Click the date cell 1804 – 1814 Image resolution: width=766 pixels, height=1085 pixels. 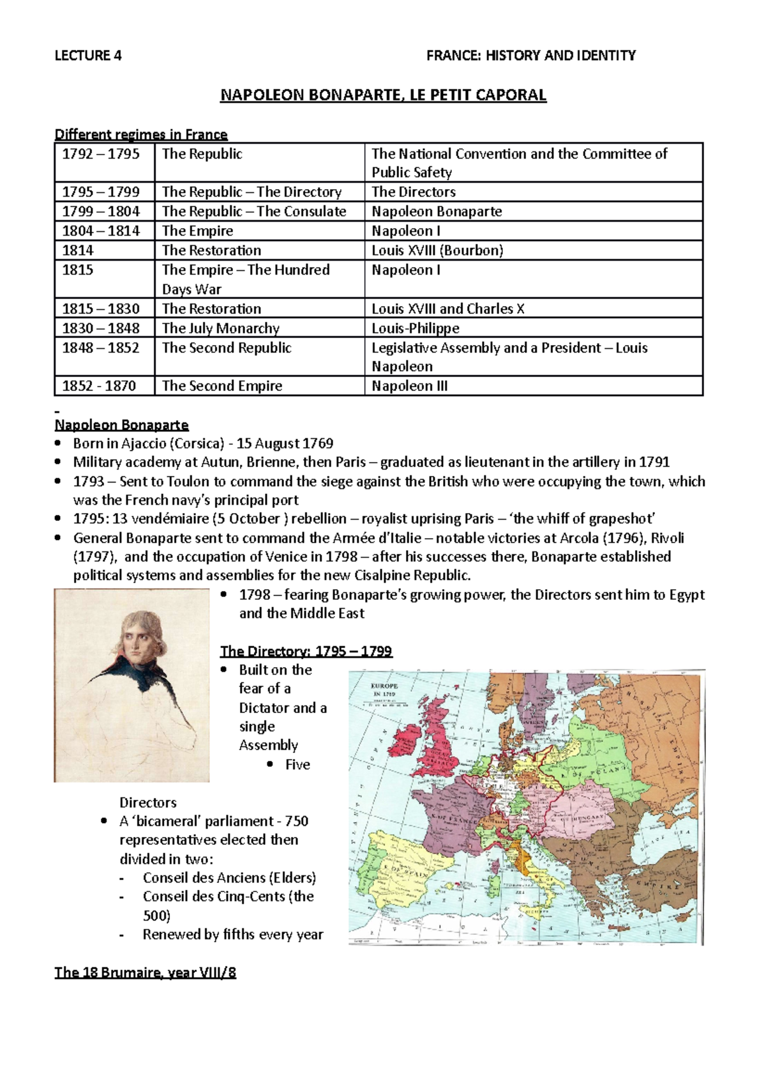pos(101,231)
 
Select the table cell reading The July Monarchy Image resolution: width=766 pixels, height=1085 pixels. pos(221,328)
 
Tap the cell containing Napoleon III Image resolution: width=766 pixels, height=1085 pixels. pos(410,386)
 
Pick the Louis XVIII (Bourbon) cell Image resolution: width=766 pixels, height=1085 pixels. pos(437,250)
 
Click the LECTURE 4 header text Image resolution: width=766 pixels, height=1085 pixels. pos(88,56)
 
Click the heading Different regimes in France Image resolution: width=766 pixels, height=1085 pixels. pos(141,134)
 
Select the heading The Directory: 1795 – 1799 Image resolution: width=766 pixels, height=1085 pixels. pos(306,651)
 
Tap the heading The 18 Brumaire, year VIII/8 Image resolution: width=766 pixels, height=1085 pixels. pos(146,973)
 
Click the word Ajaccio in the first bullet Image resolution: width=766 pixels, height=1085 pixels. pos(141,443)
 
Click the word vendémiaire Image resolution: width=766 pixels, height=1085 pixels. pos(169,519)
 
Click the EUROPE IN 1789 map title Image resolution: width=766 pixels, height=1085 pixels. pos(384,689)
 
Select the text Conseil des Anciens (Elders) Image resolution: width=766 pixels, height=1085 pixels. pos(229,878)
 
